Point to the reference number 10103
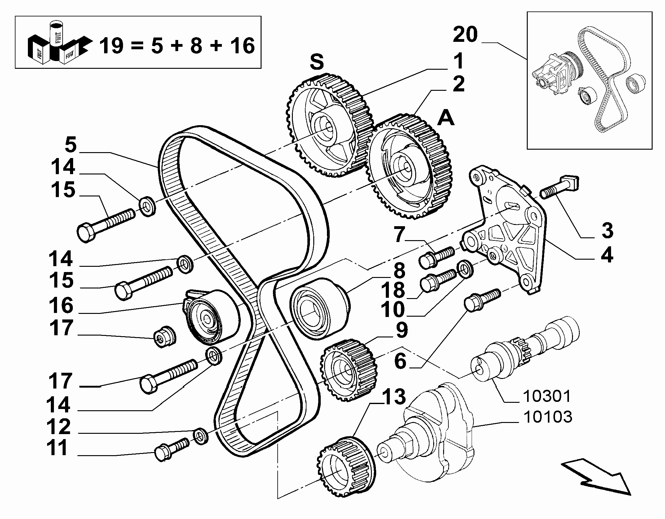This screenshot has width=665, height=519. [548, 417]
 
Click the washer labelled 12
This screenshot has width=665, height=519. [200, 436]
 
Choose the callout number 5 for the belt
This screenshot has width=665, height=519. [71, 145]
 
